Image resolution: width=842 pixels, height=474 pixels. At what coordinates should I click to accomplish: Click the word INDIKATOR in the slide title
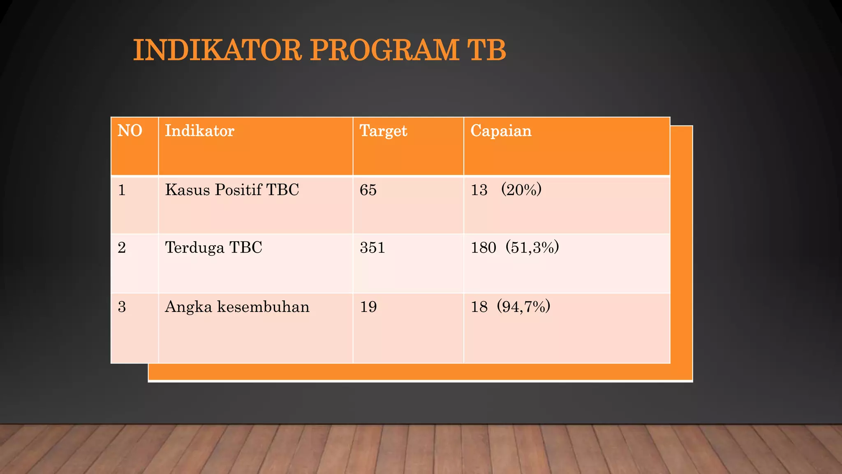217,50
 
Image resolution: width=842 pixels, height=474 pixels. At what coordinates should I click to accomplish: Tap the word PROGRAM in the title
384,50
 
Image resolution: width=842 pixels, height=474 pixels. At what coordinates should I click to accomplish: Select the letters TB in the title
486,50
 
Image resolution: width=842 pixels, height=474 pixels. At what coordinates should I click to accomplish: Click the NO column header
130,131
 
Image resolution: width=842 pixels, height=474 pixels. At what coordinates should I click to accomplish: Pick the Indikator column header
199,131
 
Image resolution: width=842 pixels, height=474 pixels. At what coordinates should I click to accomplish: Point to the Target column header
383,131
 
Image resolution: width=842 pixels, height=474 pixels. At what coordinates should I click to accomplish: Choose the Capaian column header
501,131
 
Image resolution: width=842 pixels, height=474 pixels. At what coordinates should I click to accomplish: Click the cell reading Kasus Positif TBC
232,190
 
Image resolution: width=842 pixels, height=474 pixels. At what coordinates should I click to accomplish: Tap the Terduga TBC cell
213,248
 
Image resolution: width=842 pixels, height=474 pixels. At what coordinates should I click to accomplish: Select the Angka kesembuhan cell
237,307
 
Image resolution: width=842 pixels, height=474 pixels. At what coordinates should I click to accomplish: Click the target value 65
368,190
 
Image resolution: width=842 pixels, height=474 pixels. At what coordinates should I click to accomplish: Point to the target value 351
372,248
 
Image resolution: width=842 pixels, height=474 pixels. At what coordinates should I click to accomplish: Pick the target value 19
368,307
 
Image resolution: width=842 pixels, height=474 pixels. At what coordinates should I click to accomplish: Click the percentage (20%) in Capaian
521,190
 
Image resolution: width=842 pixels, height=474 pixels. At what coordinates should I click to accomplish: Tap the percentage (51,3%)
532,248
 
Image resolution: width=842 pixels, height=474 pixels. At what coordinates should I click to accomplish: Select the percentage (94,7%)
523,307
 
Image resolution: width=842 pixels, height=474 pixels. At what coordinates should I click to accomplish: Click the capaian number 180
483,248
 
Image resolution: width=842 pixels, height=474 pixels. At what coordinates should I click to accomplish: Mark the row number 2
122,248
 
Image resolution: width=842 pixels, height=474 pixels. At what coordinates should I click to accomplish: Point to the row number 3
122,307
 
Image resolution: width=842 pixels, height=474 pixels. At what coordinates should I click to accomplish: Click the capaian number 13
479,190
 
